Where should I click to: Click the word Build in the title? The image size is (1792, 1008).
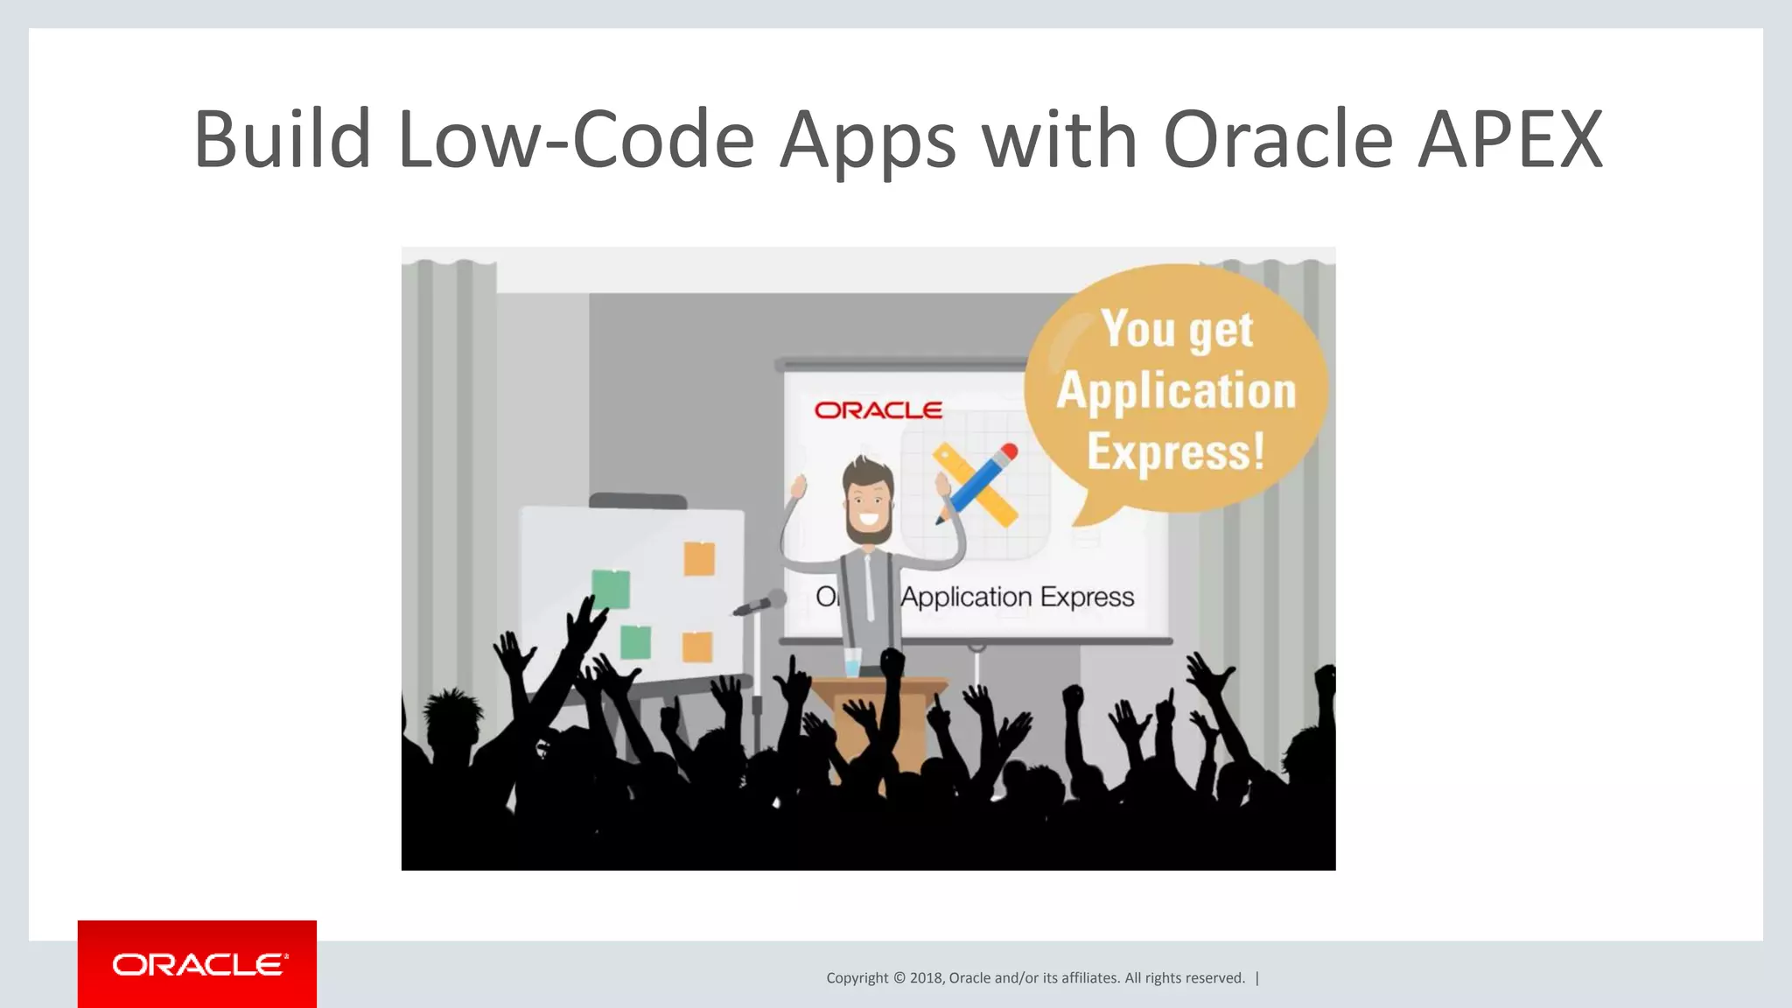282,139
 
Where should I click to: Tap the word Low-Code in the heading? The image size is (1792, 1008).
575,139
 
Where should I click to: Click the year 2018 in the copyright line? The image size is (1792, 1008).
926,978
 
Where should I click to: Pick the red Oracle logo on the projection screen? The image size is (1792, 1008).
878,410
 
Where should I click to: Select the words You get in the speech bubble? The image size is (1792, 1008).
1177,330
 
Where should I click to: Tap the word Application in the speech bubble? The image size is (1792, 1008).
1176,391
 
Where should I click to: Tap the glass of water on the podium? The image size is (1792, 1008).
853,662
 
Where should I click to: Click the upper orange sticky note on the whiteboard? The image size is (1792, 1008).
699,558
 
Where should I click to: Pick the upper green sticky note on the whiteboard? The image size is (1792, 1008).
611,588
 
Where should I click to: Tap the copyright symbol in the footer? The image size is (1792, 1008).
899,978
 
